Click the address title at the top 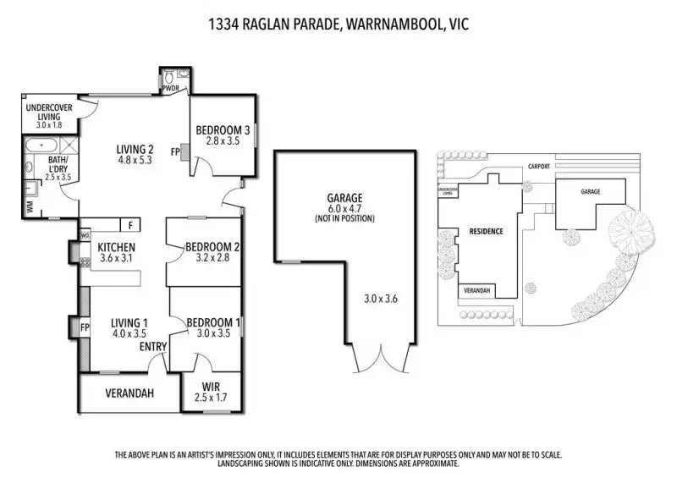point(338,25)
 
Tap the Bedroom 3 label point(223,130)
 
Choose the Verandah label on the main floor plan point(128,393)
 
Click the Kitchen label point(117,247)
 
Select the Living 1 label point(129,322)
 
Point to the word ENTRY point(153,347)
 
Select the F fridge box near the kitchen point(130,225)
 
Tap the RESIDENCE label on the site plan point(487,231)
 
